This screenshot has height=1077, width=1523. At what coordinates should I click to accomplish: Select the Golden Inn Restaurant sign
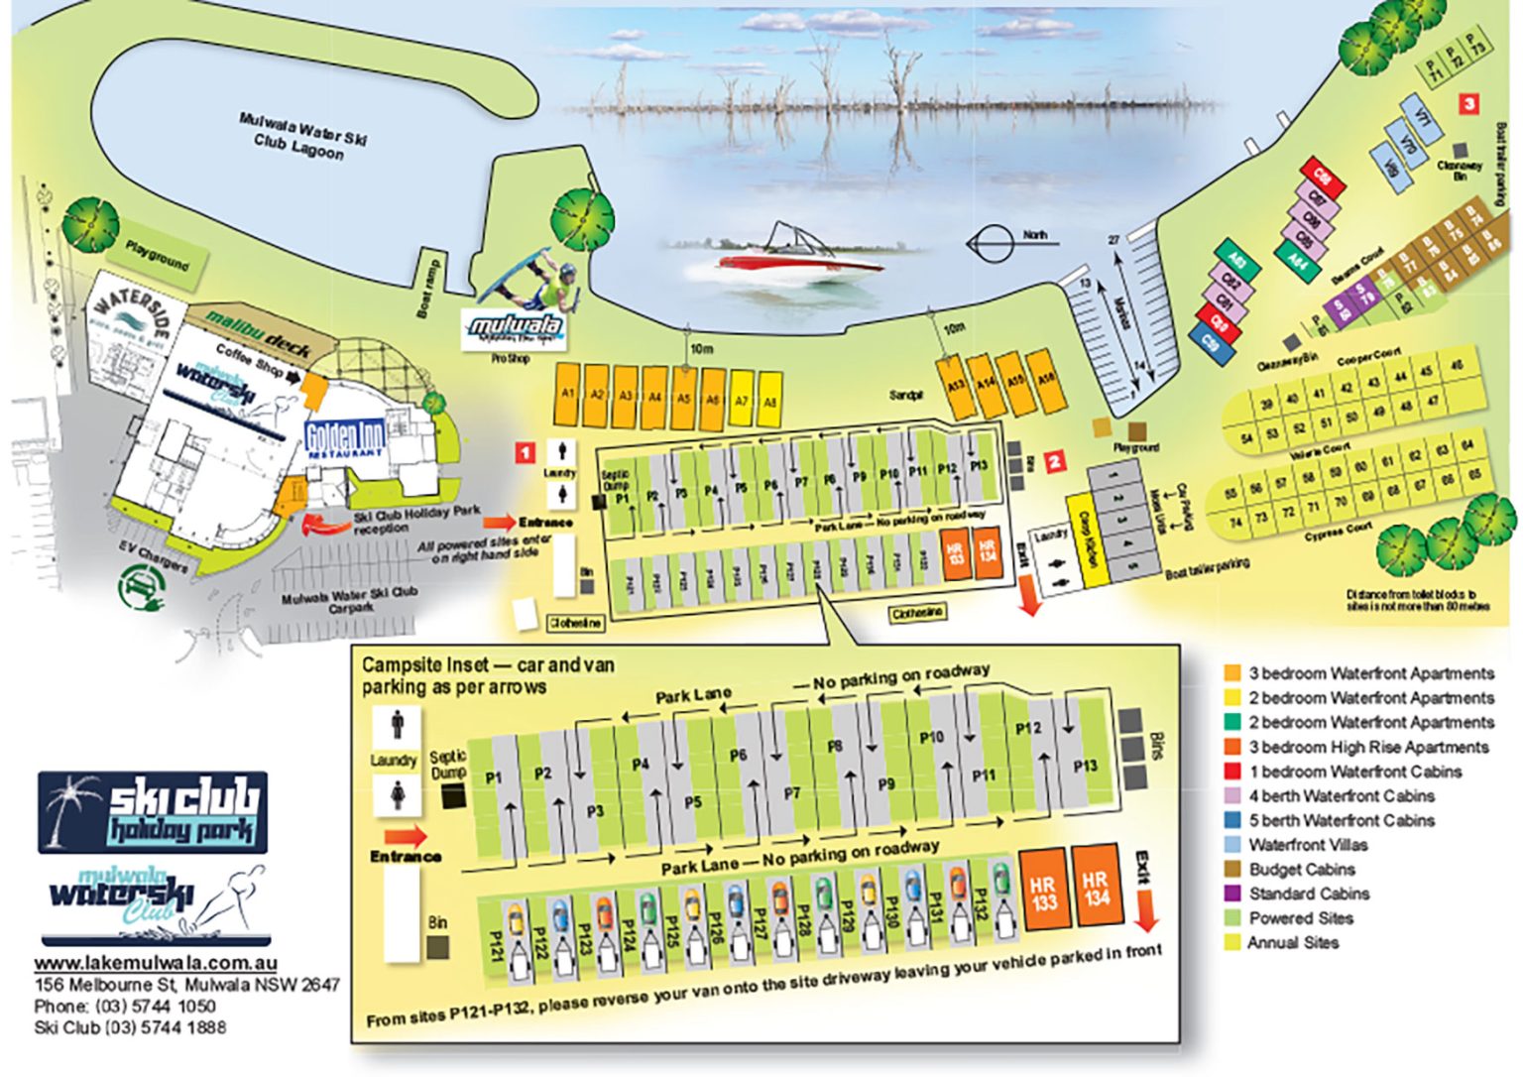point(344,437)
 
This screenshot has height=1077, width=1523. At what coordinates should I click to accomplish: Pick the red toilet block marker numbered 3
point(1469,103)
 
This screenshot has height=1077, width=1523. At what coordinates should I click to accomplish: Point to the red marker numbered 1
point(526,453)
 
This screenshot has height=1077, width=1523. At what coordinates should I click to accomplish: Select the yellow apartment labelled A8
point(769,400)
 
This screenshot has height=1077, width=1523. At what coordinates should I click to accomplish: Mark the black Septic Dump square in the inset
point(454,794)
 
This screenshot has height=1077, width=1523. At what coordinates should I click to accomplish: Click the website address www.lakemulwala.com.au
point(156,963)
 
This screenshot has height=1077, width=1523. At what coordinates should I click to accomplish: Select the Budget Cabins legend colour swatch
point(1232,870)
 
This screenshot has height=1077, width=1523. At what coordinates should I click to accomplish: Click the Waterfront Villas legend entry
point(1307,845)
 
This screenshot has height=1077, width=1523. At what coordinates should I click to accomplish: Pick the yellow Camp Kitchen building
point(1086,542)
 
